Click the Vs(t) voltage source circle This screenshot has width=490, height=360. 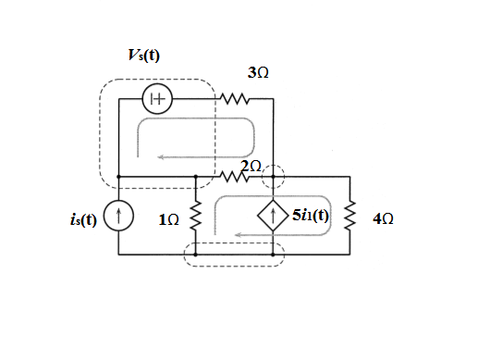tap(157, 99)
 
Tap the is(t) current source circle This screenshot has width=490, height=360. tap(118, 216)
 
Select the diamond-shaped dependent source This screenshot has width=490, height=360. tap(273, 216)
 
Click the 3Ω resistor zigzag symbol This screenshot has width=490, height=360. tap(235, 99)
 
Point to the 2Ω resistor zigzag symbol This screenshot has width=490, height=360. tap(235, 177)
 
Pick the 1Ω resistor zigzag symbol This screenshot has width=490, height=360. tap(196, 216)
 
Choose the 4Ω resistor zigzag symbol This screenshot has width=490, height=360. tap(350, 216)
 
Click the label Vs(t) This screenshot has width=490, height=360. tap(144, 56)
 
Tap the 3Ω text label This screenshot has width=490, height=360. tap(258, 72)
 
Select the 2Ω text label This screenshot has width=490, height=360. tap(251, 166)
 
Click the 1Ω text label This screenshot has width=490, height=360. tap(169, 219)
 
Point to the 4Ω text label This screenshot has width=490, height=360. tap(383, 218)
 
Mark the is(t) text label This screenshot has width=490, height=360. tap(84, 219)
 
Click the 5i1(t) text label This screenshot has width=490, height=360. tap(311, 215)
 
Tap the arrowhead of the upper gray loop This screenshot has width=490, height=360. tap(160, 157)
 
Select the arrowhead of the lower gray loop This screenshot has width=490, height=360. tap(238, 235)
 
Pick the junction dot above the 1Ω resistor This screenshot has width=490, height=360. tap(196, 177)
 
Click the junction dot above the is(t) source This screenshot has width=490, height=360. tap(118, 177)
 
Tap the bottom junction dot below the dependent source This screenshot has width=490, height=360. tap(273, 254)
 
